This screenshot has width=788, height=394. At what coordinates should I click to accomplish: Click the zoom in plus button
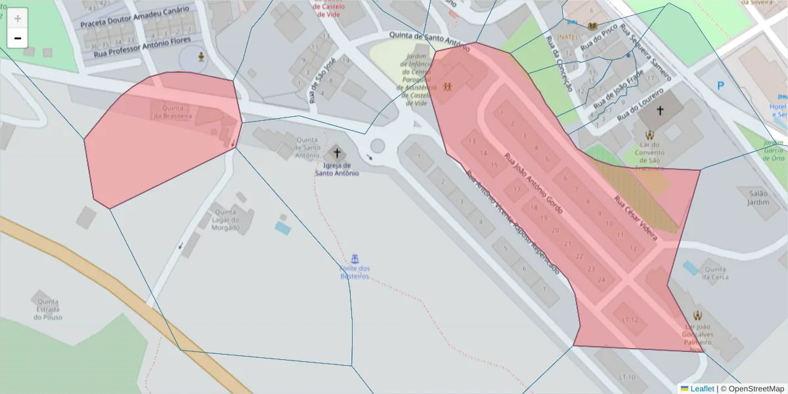click(x=18, y=18)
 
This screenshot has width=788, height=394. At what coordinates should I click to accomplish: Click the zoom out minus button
click(x=18, y=38)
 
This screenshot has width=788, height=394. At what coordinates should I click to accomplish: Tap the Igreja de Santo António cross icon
click(x=338, y=153)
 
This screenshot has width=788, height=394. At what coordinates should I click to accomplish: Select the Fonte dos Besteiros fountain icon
click(x=355, y=256)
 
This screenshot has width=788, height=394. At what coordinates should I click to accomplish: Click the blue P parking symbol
click(x=720, y=85)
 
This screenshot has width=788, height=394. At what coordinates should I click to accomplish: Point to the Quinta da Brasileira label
click(x=173, y=112)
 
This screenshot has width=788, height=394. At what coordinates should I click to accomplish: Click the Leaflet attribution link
click(x=701, y=389)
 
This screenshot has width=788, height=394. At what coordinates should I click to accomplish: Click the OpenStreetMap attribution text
click(x=753, y=389)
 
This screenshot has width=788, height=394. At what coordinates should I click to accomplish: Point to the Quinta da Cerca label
click(x=714, y=273)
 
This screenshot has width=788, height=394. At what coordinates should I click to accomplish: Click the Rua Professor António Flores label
click(x=142, y=46)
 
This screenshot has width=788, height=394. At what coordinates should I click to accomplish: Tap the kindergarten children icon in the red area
click(x=448, y=86)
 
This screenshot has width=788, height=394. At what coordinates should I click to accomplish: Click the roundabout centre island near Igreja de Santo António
click(x=377, y=145)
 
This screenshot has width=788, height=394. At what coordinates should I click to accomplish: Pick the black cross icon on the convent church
click(x=660, y=110)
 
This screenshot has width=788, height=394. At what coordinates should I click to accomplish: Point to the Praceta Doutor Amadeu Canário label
click(x=135, y=17)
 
